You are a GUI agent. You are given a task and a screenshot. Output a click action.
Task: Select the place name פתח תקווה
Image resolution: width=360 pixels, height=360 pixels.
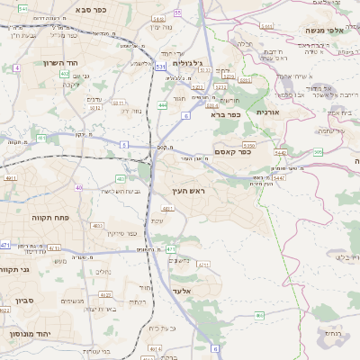pos(36,217)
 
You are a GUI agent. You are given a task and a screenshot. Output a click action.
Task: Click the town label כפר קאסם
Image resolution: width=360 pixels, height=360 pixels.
pos(232,152)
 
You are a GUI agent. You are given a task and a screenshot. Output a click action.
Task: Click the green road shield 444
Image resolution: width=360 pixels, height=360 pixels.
pos(162,105)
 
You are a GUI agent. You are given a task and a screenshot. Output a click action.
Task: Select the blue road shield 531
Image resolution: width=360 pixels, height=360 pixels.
pos(160,67)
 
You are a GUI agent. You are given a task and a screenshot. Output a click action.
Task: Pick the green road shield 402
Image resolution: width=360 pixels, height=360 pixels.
pos(65,74)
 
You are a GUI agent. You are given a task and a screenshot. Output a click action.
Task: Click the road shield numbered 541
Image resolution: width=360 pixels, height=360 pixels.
pos(22,8)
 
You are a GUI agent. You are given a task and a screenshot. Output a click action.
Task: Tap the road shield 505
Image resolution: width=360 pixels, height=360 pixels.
pos(318,152)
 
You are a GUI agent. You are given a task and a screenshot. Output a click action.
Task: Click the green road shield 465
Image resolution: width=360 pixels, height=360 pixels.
pos(258,316)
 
